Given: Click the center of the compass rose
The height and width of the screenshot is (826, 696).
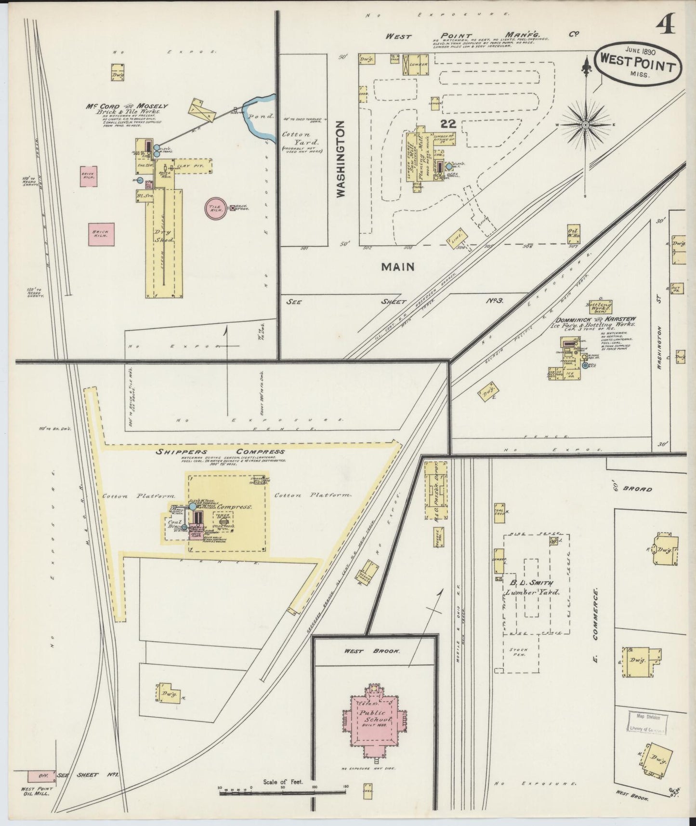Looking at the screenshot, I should [x=585, y=124].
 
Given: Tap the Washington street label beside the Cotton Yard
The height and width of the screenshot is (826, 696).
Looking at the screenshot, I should [x=341, y=159].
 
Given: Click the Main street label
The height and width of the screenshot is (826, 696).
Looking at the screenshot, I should [x=398, y=266].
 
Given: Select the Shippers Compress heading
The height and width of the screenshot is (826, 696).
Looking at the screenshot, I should [x=220, y=452].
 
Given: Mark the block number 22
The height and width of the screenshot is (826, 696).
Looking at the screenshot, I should [x=448, y=123].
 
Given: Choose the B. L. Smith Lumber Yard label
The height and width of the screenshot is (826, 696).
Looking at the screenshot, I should [x=531, y=587].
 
